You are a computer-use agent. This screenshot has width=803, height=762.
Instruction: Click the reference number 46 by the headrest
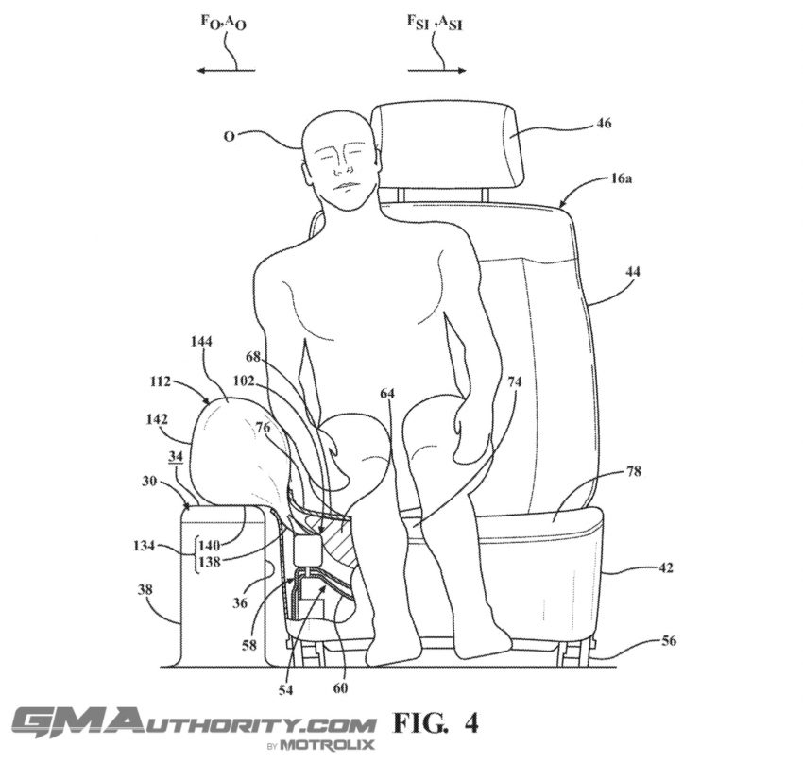[605, 124]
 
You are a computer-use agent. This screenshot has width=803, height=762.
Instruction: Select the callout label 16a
[622, 178]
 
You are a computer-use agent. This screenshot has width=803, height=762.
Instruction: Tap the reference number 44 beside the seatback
[632, 271]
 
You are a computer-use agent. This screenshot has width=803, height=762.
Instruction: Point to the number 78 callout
[634, 471]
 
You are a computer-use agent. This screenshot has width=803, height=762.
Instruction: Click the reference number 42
[665, 567]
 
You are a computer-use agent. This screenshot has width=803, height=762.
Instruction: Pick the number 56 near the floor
[668, 640]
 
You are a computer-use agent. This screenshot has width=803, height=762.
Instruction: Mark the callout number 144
[200, 341]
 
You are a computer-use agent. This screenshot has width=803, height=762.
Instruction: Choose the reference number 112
[161, 381]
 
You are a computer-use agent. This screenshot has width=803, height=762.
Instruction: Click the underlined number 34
[175, 457]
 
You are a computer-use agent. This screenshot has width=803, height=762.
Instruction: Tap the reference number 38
[145, 589]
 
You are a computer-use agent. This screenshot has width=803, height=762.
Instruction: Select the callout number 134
[144, 546]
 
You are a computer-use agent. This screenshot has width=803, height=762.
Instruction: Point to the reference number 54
[285, 690]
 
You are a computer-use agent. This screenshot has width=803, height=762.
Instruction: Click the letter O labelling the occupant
[230, 137]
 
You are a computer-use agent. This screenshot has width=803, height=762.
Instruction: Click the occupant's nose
[339, 165]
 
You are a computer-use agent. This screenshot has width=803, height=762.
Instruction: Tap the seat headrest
[449, 145]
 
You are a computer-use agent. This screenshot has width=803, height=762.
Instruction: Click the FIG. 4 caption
[436, 723]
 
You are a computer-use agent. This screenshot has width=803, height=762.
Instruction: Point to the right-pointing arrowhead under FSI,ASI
[461, 70]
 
